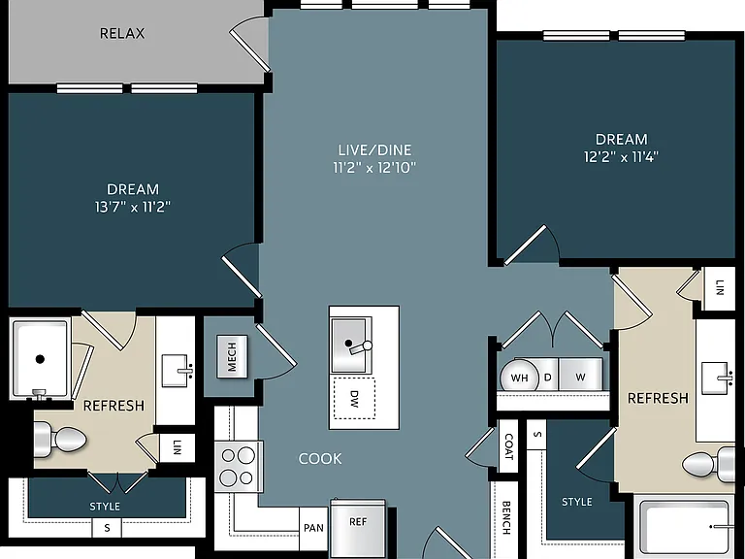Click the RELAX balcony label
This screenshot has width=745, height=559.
(x=122, y=33)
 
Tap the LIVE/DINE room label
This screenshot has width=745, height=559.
(x=374, y=150)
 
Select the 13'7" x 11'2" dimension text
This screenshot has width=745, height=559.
(x=133, y=207)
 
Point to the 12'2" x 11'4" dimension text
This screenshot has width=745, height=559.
(x=621, y=157)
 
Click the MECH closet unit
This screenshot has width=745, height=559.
(x=232, y=356)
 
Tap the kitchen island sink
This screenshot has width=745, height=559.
(x=351, y=345)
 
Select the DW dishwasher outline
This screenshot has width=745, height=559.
(x=354, y=399)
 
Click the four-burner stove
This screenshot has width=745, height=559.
(x=239, y=466)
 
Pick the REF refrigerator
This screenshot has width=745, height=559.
(x=358, y=528)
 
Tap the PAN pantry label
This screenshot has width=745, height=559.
(x=313, y=528)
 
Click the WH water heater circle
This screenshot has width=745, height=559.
(x=519, y=378)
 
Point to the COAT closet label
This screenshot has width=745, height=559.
(x=509, y=446)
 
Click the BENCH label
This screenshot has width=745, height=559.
(x=506, y=517)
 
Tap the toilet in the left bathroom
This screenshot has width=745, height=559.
(x=60, y=439)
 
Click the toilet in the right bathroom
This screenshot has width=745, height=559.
(x=708, y=463)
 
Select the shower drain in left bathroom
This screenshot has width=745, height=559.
(x=40, y=359)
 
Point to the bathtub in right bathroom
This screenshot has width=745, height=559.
(x=685, y=526)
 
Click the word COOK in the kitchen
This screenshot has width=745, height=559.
(x=320, y=459)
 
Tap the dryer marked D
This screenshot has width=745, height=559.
(x=547, y=376)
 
